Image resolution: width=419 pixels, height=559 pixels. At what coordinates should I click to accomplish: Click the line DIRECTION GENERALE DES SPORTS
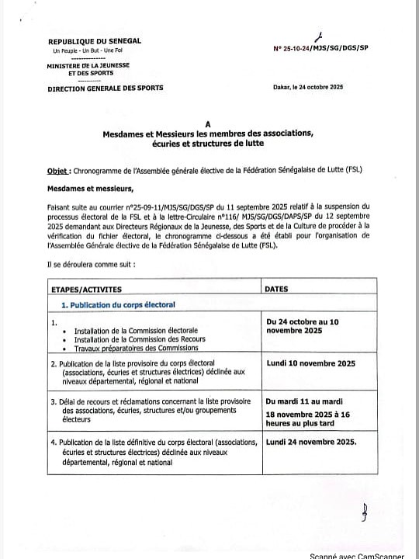(x=106, y=89)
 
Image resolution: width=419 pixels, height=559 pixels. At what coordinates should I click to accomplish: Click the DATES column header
(x=276, y=289)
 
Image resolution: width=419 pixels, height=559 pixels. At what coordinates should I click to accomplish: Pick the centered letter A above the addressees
(x=207, y=124)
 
